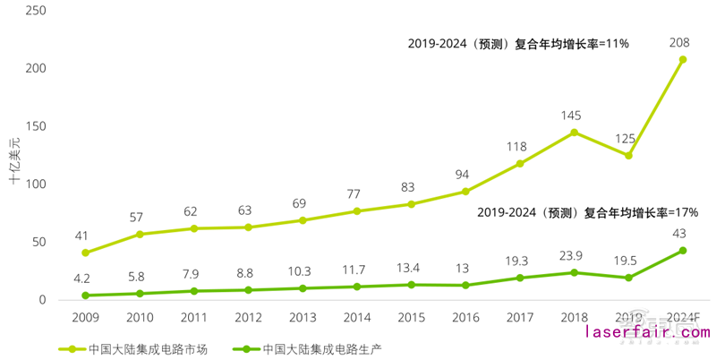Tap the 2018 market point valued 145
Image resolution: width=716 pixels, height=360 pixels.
tap(574, 133)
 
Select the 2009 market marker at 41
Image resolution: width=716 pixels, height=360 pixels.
tap(85, 253)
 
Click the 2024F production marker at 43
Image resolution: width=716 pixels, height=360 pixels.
tap(682, 251)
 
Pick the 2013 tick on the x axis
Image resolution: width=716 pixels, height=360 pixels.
tap(302, 318)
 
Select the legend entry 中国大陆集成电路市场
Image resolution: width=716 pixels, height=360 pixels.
tap(133, 348)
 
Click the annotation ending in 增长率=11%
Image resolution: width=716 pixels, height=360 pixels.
tap(519, 43)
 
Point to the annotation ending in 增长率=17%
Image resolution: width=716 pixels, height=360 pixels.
tap(587, 213)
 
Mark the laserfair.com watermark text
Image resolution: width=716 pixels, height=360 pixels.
tap(647, 333)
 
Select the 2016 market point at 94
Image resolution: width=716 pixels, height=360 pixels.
tap(465, 192)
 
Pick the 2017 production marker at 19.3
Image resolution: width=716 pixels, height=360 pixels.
tap(520, 278)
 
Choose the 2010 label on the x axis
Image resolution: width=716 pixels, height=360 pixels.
tap(139, 318)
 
